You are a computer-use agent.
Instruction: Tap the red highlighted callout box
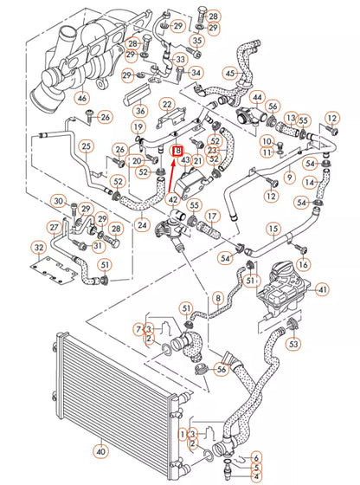coord(180,150)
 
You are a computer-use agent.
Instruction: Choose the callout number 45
coord(230,74)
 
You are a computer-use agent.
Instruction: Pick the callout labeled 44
coord(257,97)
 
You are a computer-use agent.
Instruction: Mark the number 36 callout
coord(140,110)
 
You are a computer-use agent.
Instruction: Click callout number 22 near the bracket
coord(167,105)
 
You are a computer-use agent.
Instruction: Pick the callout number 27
coord(54,228)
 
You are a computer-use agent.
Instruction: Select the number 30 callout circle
coord(57,202)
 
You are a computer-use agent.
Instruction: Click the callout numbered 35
coord(197,41)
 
